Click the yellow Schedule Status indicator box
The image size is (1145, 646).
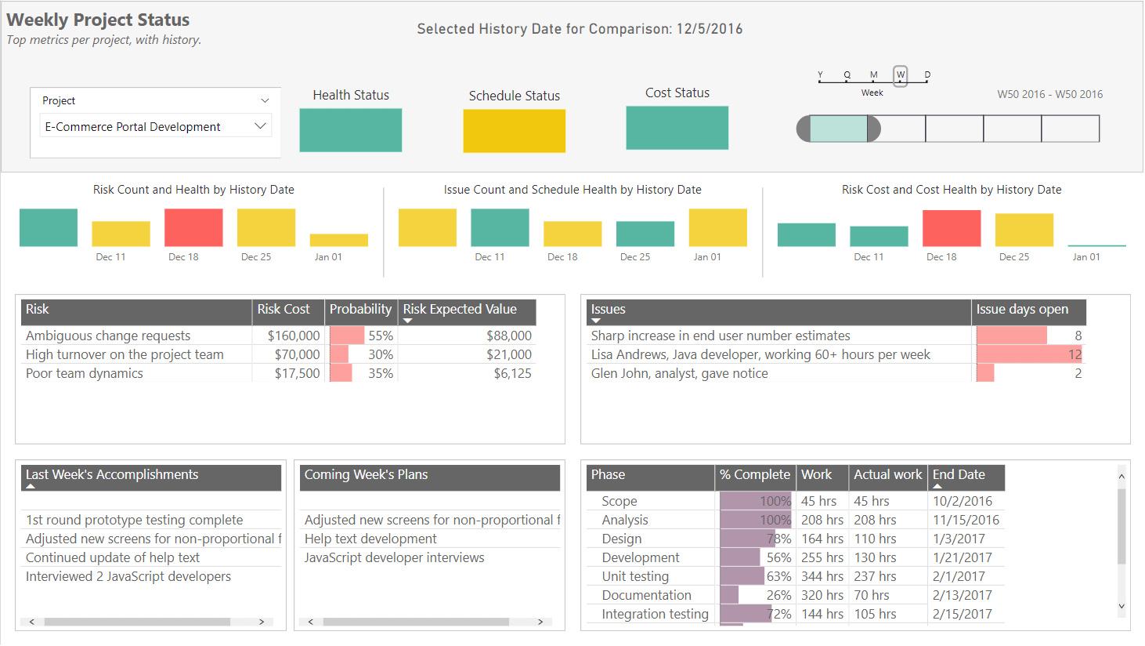pyautogui.click(x=515, y=130)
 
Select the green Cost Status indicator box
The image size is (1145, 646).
pyautogui.click(x=677, y=128)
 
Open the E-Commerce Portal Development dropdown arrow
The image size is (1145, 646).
pyautogui.click(x=260, y=126)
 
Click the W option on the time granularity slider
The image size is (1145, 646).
pyautogui.click(x=900, y=74)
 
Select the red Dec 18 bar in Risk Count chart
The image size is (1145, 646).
pyautogui.click(x=193, y=227)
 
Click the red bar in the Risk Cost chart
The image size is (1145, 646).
pyautogui.click(x=952, y=228)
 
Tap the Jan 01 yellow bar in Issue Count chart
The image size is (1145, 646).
pyautogui.click(x=717, y=227)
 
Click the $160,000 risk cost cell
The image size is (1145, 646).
pyautogui.click(x=294, y=336)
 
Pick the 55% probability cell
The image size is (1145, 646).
pyautogui.click(x=381, y=336)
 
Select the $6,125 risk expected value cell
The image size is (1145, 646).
pyautogui.click(x=513, y=374)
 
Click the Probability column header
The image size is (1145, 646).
pyautogui.click(x=360, y=309)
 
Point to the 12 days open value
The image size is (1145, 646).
pyautogui.click(x=1075, y=354)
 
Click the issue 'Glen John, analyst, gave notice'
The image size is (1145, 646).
pyautogui.click(x=679, y=374)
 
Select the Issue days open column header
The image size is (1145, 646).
pyautogui.click(x=1022, y=309)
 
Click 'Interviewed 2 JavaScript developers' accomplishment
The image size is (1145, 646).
pyautogui.click(x=128, y=576)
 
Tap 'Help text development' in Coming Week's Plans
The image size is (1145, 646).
pyautogui.click(x=370, y=539)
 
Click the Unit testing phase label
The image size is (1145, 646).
pyautogui.click(x=635, y=576)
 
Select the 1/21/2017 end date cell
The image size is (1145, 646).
pyautogui.click(x=962, y=557)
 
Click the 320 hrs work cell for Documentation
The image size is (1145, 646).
pyautogui.click(x=822, y=595)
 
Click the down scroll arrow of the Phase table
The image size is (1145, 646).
pyautogui.click(x=1122, y=606)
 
